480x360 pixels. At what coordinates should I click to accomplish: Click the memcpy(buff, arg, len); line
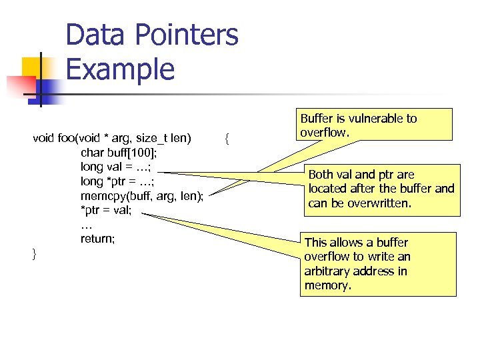(x=141, y=196)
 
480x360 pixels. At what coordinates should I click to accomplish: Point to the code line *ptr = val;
(x=106, y=211)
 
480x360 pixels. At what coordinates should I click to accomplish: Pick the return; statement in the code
(x=97, y=239)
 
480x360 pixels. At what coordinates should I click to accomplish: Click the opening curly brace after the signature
(x=227, y=139)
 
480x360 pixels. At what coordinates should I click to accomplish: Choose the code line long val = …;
(x=115, y=167)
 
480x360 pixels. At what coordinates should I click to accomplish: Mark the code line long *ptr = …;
(x=117, y=181)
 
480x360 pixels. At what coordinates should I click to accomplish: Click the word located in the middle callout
(x=327, y=189)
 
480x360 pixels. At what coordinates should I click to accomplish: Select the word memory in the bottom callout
(x=326, y=285)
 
